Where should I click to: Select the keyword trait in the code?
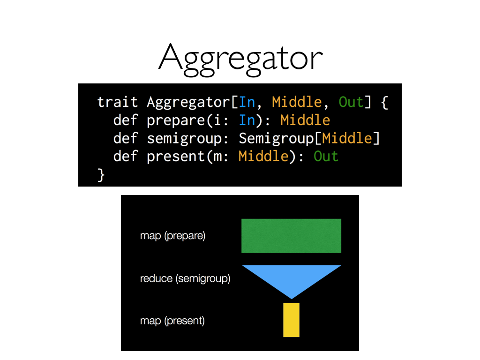pyautogui.click(x=117, y=102)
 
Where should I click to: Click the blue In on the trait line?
pyautogui.click(x=247, y=102)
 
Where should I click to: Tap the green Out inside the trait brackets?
pyautogui.click(x=351, y=102)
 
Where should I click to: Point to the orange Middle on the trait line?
pyautogui.click(x=297, y=102)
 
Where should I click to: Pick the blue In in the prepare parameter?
pyautogui.click(x=247, y=120)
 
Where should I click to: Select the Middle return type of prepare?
pyautogui.click(x=305, y=120)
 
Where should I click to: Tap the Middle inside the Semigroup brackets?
pyautogui.click(x=347, y=138)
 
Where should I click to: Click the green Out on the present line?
pyautogui.click(x=326, y=156)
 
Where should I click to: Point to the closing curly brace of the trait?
pyautogui.click(x=101, y=174)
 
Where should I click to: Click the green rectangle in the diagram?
pyautogui.click(x=291, y=236)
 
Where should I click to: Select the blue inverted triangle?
pyautogui.click(x=291, y=277)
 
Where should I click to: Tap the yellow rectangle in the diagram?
pyautogui.click(x=291, y=320)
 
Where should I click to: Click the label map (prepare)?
pyautogui.click(x=172, y=236)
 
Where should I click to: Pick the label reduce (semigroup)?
pyautogui.click(x=185, y=279)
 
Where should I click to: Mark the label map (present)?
pyautogui.click(x=172, y=321)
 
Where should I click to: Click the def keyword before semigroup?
pyautogui.click(x=126, y=138)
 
